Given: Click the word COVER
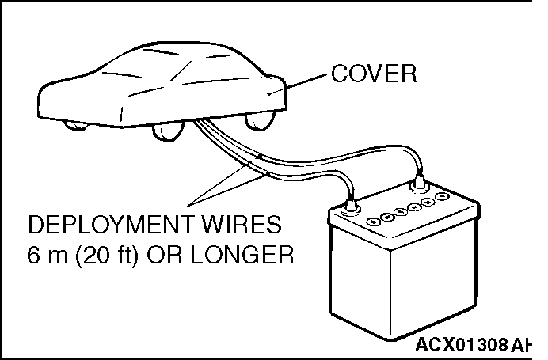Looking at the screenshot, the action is (x=374, y=74).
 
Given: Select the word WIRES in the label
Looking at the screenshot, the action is (x=242, y=224).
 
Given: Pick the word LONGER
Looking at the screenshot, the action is (x=242, y=255).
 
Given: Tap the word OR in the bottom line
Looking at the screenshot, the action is (x=164, y=255).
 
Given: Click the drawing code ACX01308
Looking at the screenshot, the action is (x=462, y=345).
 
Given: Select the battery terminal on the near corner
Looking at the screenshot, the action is (x=351, y=206).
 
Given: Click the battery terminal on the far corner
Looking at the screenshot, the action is (x=420, y=183).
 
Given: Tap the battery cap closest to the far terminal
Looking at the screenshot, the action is (x=442, y=196).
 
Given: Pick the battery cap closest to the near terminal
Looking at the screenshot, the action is (x=373, y=222).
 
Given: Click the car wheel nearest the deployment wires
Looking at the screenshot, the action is (x=168, y=131).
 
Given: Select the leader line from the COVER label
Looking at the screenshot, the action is (x=298, y=84).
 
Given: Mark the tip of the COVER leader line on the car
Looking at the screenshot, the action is (x=268, y=94).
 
